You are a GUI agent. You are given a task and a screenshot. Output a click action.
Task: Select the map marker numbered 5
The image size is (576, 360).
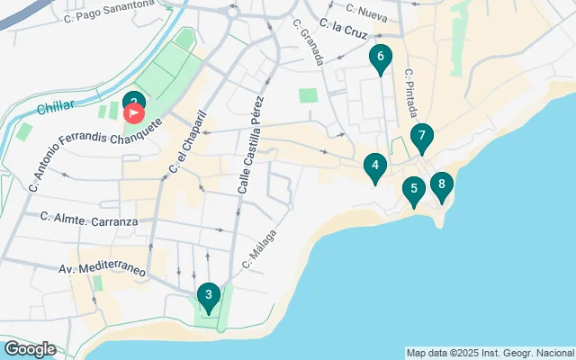pyautogui.click(x=413, y=190)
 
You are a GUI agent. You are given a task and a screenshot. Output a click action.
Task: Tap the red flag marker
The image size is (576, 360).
pyautogui.click(x=134, y=114)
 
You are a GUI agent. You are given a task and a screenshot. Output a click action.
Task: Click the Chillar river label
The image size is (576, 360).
pyautogui.click(x=57, y=108)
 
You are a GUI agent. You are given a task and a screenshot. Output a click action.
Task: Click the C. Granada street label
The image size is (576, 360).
pyautogui.click(x=310, y=41)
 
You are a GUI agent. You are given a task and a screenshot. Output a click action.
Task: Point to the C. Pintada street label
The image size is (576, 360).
pyautogui.click(x=411, y=95)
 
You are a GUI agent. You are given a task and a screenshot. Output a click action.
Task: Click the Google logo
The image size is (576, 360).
pyautogui.click(x=30, y=349)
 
